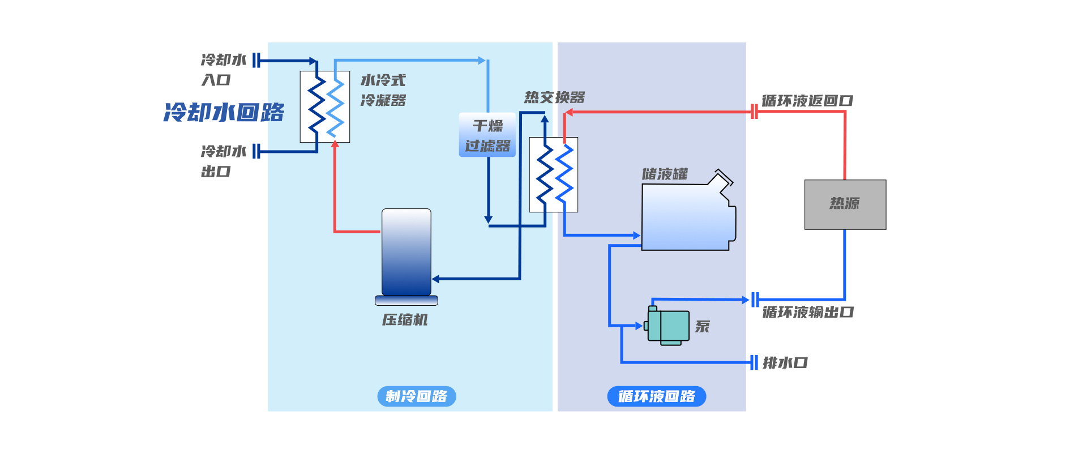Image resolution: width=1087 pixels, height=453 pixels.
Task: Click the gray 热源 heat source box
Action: point(845,204)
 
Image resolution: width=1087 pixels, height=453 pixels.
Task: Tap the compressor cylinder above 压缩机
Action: point(406,252)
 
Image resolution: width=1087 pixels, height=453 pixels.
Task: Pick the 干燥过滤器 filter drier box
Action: point(487,135)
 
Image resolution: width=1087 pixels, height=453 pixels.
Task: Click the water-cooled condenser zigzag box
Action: point(324,106)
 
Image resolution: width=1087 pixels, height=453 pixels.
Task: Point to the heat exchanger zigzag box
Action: point(553,174)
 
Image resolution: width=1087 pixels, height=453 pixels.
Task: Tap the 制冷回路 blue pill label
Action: point(416,396)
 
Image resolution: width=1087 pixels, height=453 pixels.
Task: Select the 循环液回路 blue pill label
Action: point(656,396)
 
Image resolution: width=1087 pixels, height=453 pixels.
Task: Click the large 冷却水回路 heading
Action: point(224,112)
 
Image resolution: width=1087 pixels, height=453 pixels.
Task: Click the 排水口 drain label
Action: point(785,362)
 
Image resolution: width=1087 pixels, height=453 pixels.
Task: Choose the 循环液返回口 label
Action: point(807,101)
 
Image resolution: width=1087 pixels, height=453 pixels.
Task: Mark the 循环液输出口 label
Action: point(808,312)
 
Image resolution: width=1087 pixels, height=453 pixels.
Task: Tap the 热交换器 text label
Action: point(554,97)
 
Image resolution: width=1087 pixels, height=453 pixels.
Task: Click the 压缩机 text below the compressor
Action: point(405,320)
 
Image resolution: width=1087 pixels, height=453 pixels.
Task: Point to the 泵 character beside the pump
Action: point(702,327)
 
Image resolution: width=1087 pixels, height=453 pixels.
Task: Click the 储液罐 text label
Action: point(665,174)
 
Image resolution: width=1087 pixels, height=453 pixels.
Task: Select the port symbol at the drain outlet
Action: point(754,362)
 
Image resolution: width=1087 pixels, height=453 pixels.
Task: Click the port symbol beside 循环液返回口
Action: point(754,112)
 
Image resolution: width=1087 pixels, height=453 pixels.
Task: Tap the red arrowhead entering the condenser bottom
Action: point(335,144)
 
